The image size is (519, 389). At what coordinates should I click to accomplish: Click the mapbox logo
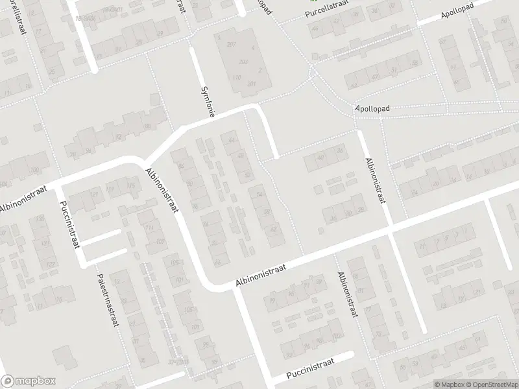click(29, 381)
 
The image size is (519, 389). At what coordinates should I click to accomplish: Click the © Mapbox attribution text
click(448, 384)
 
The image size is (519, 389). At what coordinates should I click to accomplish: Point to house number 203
click(243, 62)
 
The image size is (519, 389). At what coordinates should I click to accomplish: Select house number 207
click(232, 44)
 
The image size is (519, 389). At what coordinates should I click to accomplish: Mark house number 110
click(237, 78)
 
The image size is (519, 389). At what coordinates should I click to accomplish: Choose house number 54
click(259, 194)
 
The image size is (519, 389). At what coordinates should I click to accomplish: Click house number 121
click(95, 194)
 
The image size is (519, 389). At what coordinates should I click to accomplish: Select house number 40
click(320, 158)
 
